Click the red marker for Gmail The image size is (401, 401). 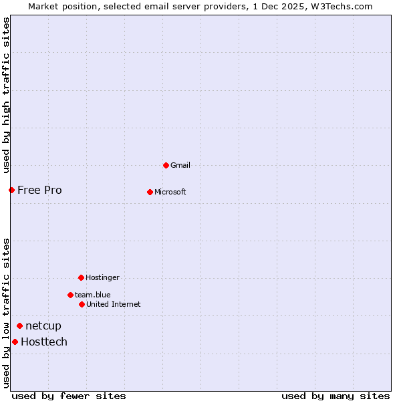pos(166,165)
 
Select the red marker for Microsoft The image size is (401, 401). pos(150,192)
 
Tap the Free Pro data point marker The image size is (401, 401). pos(11,190)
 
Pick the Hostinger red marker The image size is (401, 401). pos(81,277)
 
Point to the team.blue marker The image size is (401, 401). pos(70,295)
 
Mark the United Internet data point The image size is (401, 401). pos(82,304)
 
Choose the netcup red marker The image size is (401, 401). pos(20,325)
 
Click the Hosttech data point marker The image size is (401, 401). pos(15,342)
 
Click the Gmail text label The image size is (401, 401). pos(180,165)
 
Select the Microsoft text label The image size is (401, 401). pos(170,192)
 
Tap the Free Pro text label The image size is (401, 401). pos(39,190)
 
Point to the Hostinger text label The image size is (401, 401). pos(102,277)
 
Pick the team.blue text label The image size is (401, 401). pos(92,295)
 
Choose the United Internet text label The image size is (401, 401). pos(113,304)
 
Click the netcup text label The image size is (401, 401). pos(43,325)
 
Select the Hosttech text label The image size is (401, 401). pos(43,342)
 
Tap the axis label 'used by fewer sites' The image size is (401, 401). pos(69,396)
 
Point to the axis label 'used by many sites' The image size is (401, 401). pos(336,396)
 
